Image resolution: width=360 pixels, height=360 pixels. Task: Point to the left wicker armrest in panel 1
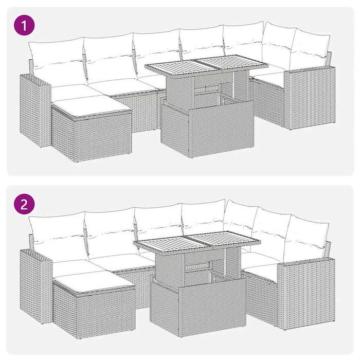pos(34,108)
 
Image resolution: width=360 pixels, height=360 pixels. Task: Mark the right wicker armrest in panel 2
pos(307,291)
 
